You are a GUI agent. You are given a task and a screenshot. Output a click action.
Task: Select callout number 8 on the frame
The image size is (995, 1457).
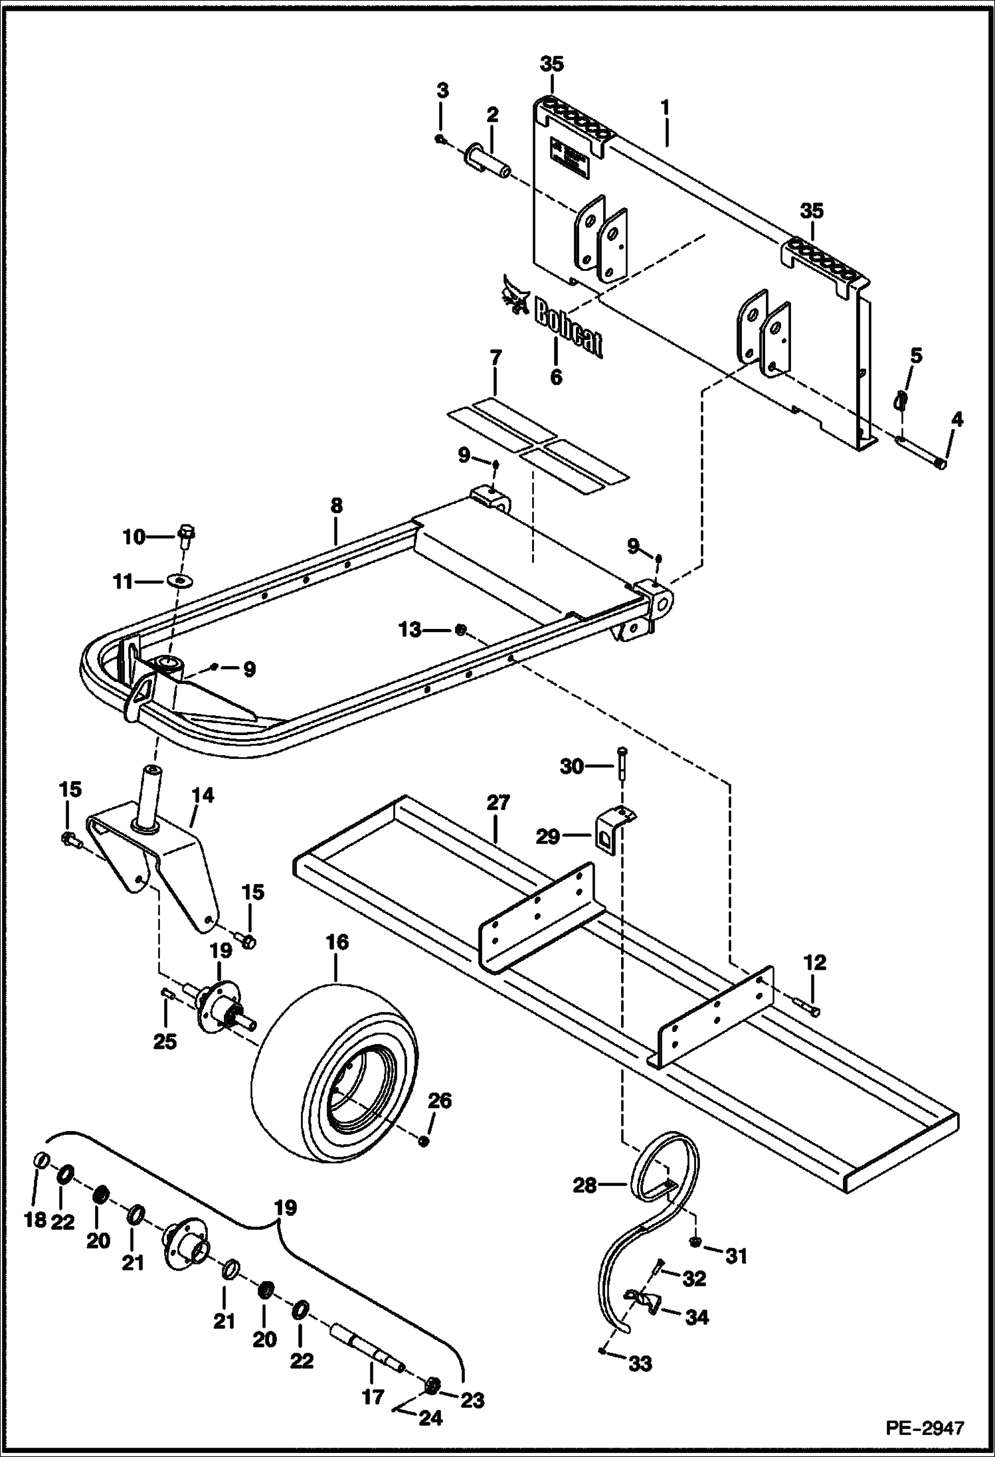[336, 505]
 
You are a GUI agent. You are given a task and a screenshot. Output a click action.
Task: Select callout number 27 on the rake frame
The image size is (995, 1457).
[497, 802]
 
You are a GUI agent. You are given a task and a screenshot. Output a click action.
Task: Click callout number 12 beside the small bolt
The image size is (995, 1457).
[815, 962]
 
